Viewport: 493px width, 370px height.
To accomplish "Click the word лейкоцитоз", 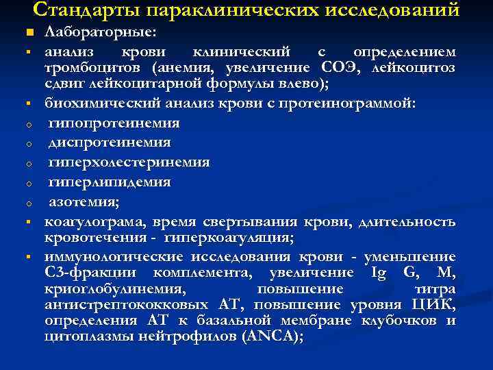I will (414, 68).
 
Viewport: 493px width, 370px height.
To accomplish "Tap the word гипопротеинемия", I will (114, 123).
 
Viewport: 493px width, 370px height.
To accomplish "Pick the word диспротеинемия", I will (110, 143).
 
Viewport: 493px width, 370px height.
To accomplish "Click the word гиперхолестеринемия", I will (129, 163).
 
